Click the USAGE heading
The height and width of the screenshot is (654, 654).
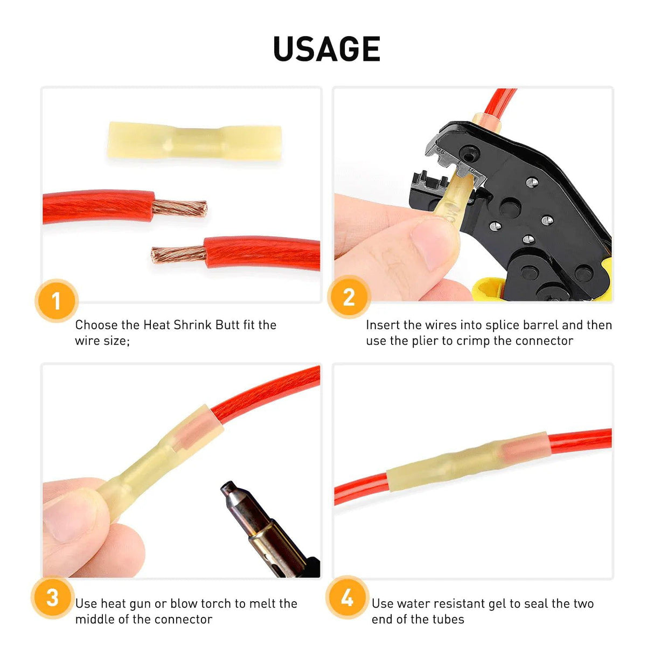326,49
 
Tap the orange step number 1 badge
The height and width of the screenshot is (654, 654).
57,301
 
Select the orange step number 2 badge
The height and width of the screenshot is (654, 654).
349,297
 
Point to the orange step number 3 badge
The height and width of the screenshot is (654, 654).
52,597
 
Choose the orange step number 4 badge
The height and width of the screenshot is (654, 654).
347,597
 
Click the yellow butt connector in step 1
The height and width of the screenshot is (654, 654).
194,141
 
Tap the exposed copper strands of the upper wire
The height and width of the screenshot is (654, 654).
180,207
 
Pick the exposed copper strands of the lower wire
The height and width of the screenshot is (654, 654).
178,253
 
